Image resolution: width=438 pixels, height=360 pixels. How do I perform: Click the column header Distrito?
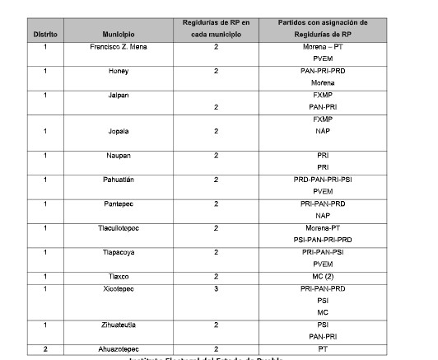point(44,35)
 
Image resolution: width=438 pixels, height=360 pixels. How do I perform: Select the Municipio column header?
point(119,35)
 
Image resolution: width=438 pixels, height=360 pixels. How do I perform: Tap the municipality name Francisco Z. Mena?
point(119,47)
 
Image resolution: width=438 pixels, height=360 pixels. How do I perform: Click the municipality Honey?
point(119,72)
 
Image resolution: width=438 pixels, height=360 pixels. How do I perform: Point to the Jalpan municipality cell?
point(119,95)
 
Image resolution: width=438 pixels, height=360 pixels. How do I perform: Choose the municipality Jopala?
point(119,130)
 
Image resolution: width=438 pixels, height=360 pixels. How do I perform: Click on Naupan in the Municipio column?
point(119,155)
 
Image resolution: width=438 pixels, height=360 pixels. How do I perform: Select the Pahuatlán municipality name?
point(119,179)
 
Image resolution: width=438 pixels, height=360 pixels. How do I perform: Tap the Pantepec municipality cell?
point(119,203)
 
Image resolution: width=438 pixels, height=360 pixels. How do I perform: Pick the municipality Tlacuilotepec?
point(119,227)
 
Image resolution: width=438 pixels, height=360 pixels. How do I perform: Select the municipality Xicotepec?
point(119,289)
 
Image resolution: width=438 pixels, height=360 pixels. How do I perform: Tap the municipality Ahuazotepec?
point(119,349)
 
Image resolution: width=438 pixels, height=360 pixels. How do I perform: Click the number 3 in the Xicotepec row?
point(216,289)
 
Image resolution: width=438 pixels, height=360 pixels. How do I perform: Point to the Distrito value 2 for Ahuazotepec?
point(45,349)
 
